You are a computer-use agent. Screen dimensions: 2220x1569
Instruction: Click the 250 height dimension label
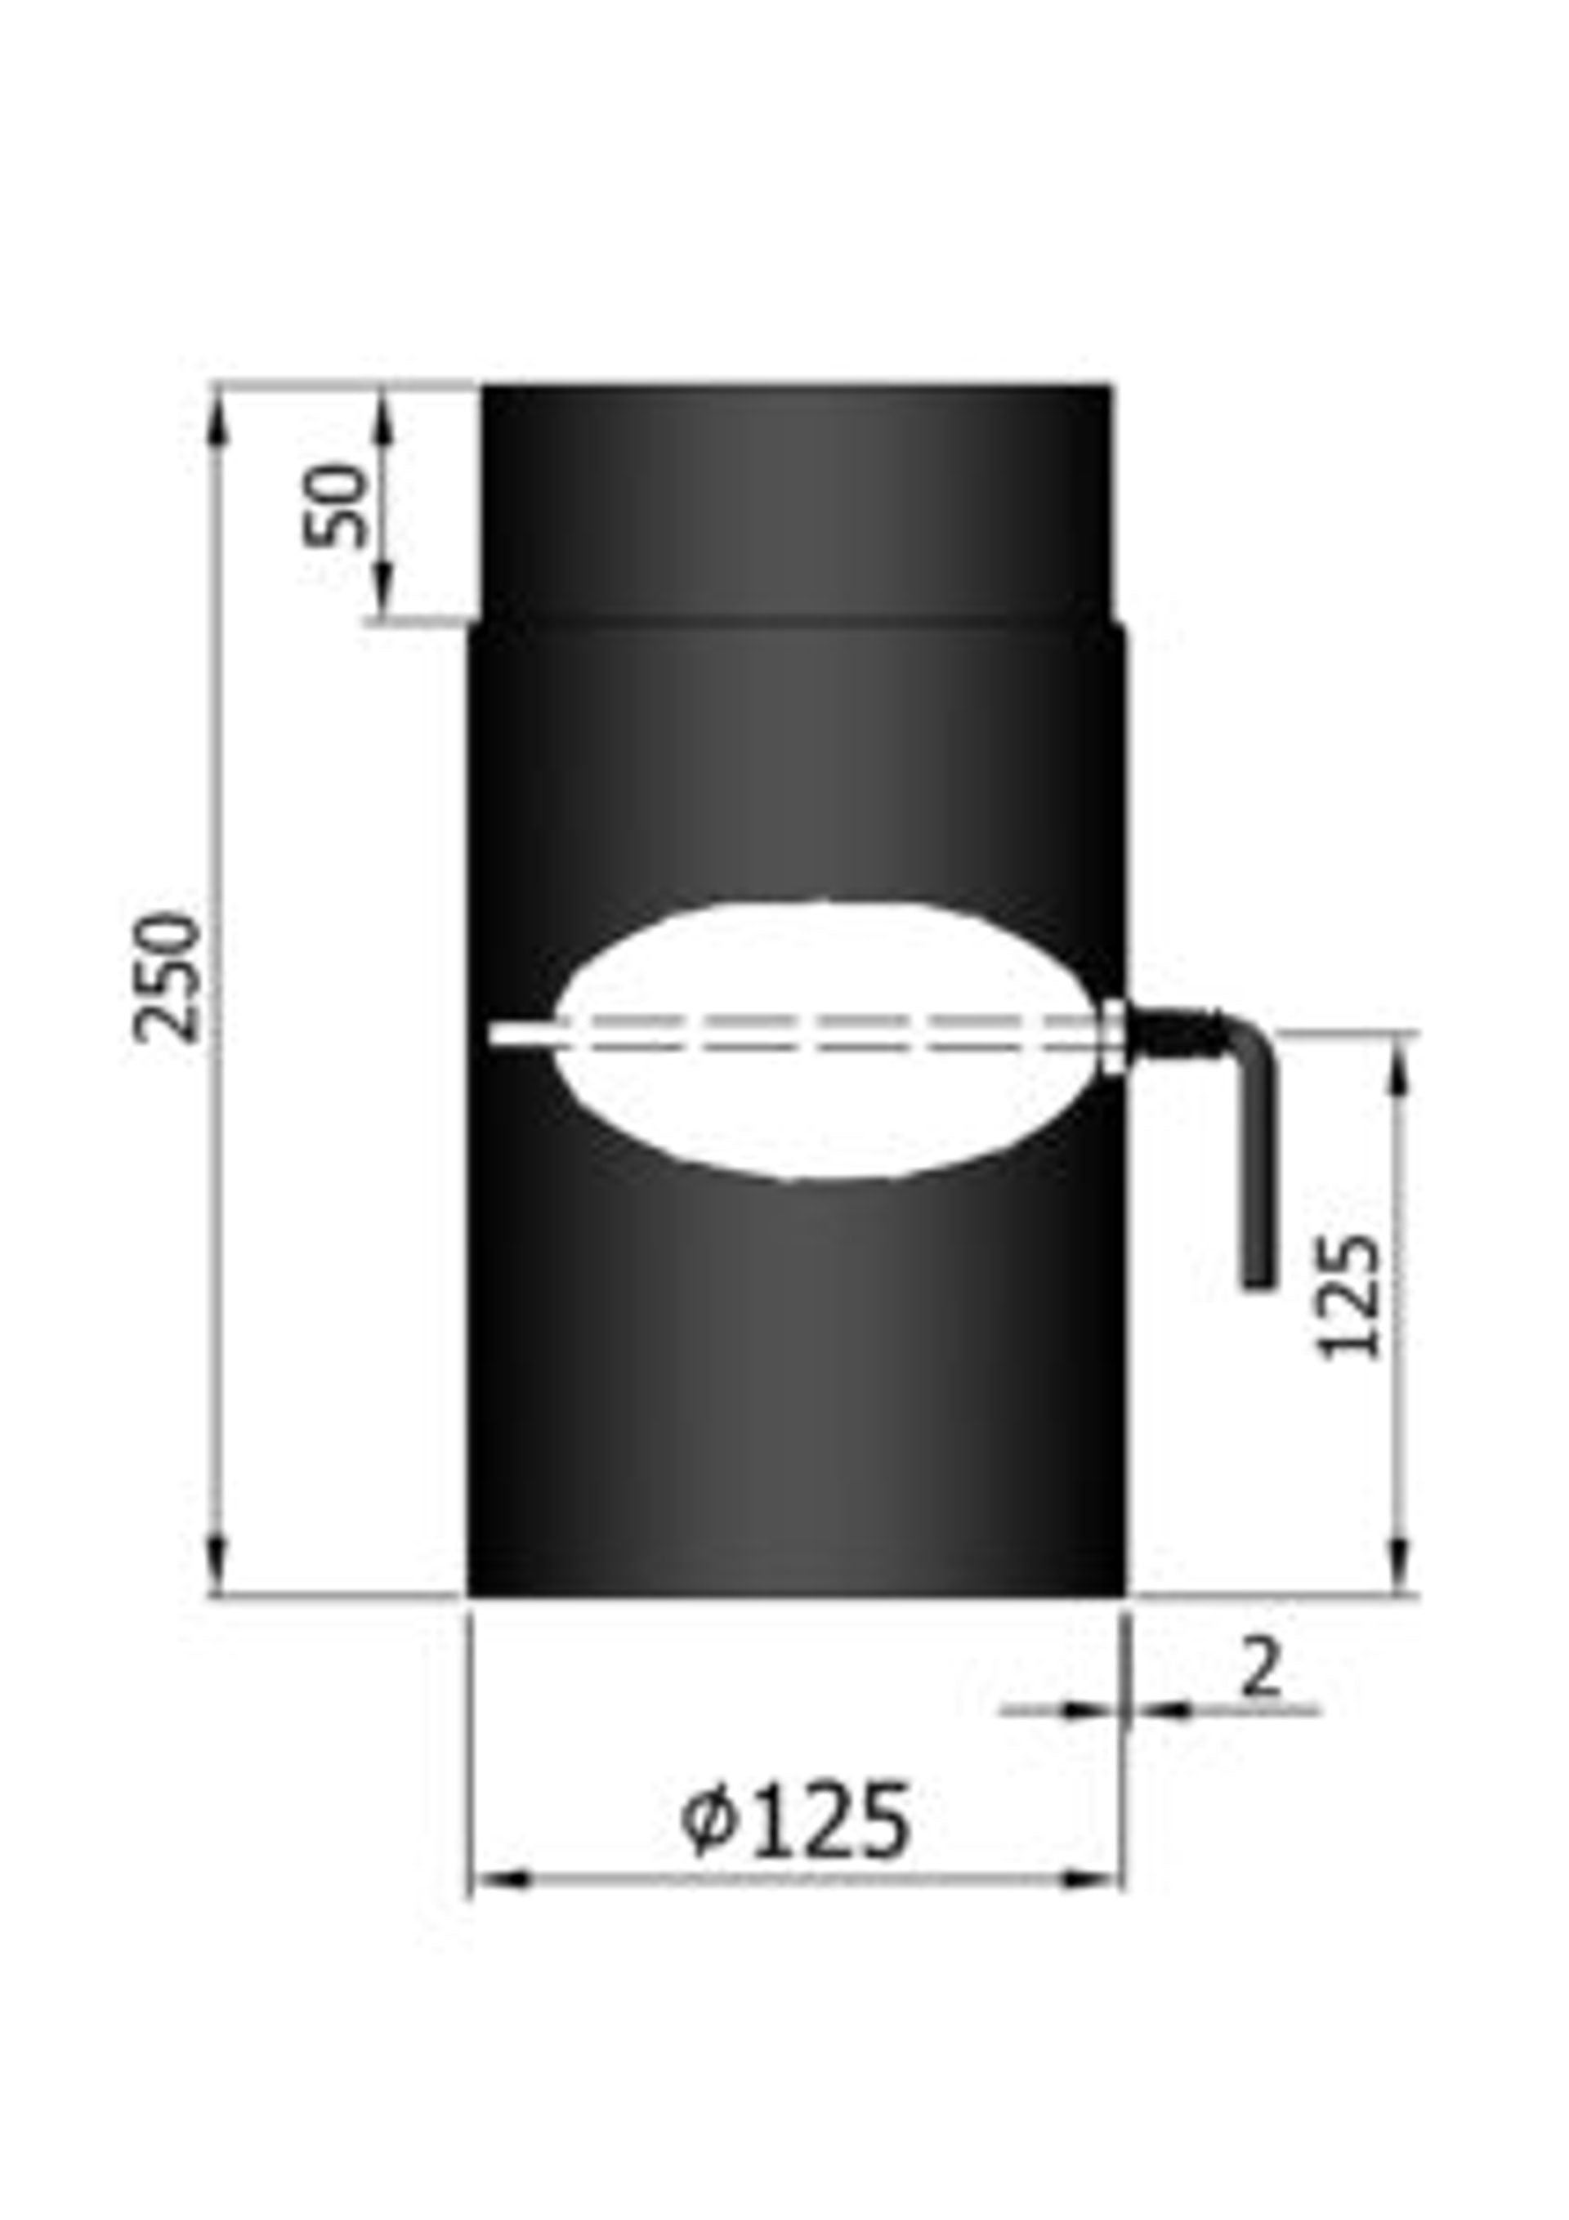click(170, 979)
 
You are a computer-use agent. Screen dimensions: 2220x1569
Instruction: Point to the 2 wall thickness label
click(1259, 1667)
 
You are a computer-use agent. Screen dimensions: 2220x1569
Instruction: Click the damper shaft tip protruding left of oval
click(518, 1034)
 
